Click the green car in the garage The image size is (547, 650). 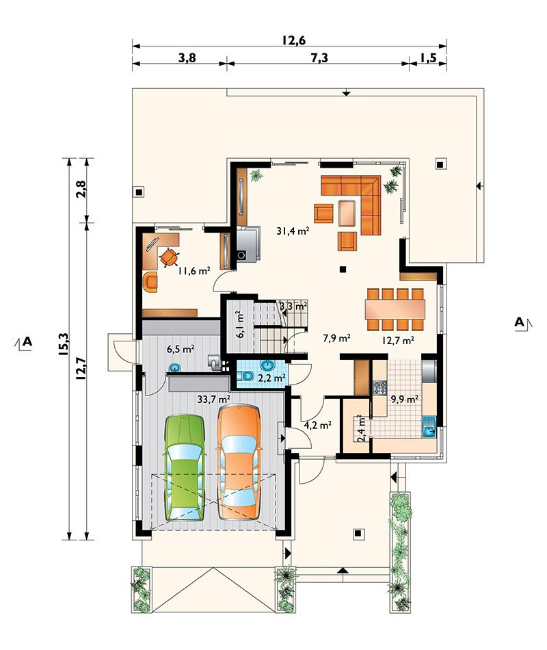point(185,467)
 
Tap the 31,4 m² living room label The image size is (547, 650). point(293,231)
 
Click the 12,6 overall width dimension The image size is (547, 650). point(294,40)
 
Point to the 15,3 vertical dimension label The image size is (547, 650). point(63,344)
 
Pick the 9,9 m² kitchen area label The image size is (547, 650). point(404,400)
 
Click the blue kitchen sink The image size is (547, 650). point(429,428)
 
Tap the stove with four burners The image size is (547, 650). point(379,388)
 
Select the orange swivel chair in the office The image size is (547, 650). point(169,257)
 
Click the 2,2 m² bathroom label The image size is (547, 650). point(271,378)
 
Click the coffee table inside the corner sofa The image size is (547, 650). point(347,213)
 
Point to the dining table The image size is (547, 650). point(395,309)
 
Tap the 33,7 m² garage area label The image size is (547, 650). point(214,400)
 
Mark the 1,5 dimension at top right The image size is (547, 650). point(428,58)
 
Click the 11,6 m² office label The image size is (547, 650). point(194,271)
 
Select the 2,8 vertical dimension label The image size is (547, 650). point(81,190)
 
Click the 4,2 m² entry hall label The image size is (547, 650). point(317,425)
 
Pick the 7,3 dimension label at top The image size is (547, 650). point(319,58)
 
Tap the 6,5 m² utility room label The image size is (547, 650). point(181,349)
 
